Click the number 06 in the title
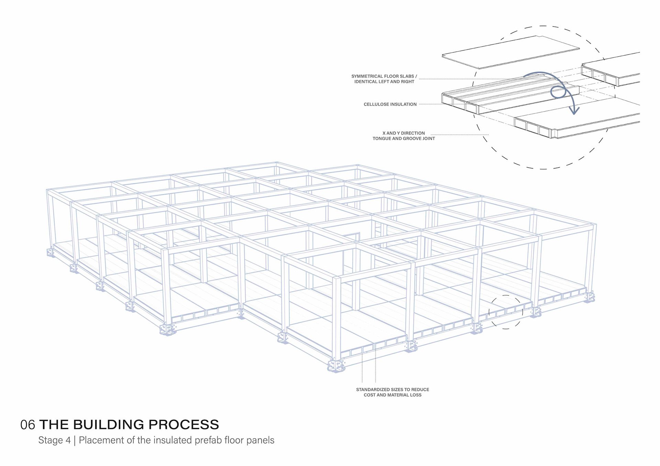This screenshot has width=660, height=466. (27, 425)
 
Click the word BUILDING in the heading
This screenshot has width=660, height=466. (108, 425)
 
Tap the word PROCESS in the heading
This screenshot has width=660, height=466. (184, 425)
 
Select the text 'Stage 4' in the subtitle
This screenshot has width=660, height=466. (54, 440)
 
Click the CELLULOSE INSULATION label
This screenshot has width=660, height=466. (390, 104)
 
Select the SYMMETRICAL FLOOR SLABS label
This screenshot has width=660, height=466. (384, 76)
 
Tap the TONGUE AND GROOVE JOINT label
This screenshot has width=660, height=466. (404, 139)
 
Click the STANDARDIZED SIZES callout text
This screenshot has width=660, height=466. (392, 390)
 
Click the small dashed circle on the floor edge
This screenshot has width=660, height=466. (506, 312)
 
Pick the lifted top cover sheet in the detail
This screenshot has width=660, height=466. (510, 52)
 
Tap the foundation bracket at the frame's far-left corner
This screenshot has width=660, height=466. (51, 253)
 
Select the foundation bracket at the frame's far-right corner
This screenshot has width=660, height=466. (590, 297)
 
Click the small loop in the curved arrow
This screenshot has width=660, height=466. (558, 92)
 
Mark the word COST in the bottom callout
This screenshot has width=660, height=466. (370, 395)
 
